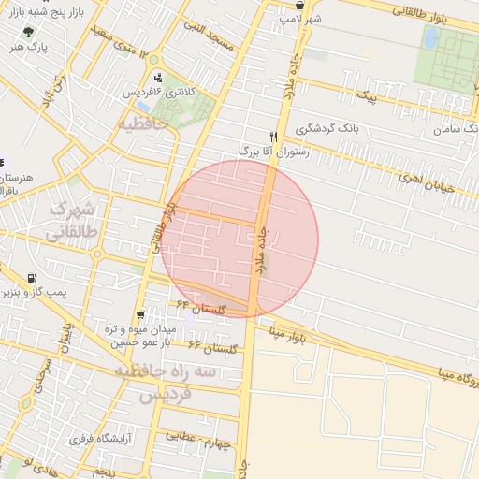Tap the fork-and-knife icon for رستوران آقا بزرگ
coord(273,135)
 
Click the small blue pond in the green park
coord(431,38)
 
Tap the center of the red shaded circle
coord(239,239)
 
